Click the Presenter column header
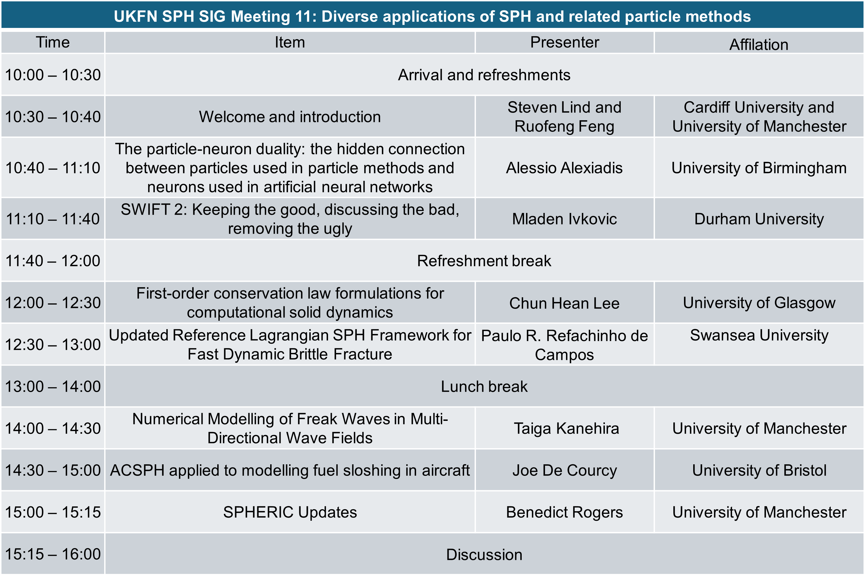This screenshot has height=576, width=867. pyautogui.click(x=564, y=42)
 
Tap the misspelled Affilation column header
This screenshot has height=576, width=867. pyautogui.click(x=759, y=44)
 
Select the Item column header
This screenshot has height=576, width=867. pyautogui.click(x=290, y=42)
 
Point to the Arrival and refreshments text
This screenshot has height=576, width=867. pyautogui.click(x=484, y=75)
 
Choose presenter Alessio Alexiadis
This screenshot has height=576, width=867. pyautogui.click(x=564, y=168)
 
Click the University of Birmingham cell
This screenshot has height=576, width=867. pyautogui.click(x=759, y=168)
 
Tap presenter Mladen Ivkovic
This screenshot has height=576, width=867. pyautogui.click(x=564, y=219)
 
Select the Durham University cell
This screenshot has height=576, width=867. pyautogui.click(x=759, y=219)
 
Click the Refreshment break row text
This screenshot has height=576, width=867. pyautogui.click(x=484, y=261)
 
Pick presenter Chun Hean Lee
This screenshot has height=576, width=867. pyautogui.click(x=564, y=303)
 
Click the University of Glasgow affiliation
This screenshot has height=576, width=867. pyautogui.click(x=759, y=303)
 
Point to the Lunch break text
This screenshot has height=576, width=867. pyautogui.click(x=484, y=387)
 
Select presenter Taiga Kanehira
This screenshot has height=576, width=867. pyautogui.click(x=566, y=428)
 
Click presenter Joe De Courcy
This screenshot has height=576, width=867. pyautogui.click(x=564, y=470)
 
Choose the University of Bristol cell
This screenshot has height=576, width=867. pyautogui.click(x=759, y=470)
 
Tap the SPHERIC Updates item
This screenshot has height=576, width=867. pyautogui.click(x=290, y=512)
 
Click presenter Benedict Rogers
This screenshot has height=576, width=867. pyautogui.click(x=564, y=512)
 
